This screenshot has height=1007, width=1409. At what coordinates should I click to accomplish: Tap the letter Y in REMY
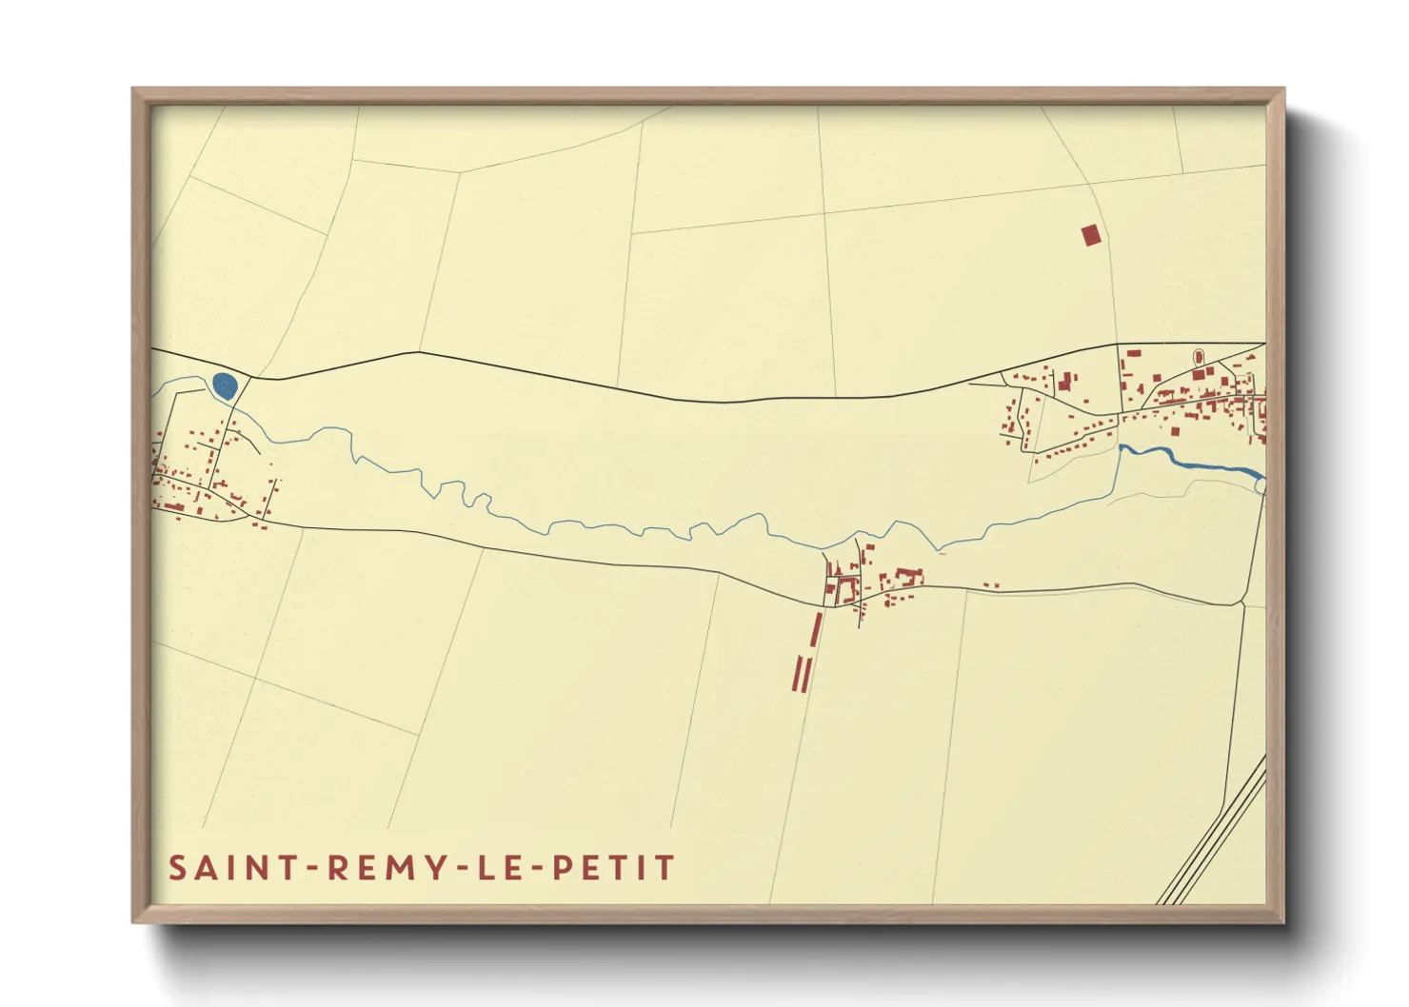[437, 868]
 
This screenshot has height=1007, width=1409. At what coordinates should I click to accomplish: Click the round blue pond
[225, 385]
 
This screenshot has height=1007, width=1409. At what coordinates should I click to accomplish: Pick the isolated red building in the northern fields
[1090, 235]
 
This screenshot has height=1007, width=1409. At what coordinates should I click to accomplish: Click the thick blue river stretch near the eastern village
[1200, 463]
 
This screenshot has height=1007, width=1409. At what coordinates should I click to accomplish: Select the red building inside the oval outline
[1199, 358]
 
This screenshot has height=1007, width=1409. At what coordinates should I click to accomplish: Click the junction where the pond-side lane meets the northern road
[250, 377]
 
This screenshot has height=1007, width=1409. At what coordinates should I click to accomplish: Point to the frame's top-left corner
[132, 89]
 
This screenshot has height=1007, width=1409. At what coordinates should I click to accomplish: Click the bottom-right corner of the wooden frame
[1284, 922]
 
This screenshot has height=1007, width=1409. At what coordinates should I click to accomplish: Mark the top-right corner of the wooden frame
[1284, 89]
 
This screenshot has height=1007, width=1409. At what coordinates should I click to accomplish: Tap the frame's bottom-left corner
[132, 922]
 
